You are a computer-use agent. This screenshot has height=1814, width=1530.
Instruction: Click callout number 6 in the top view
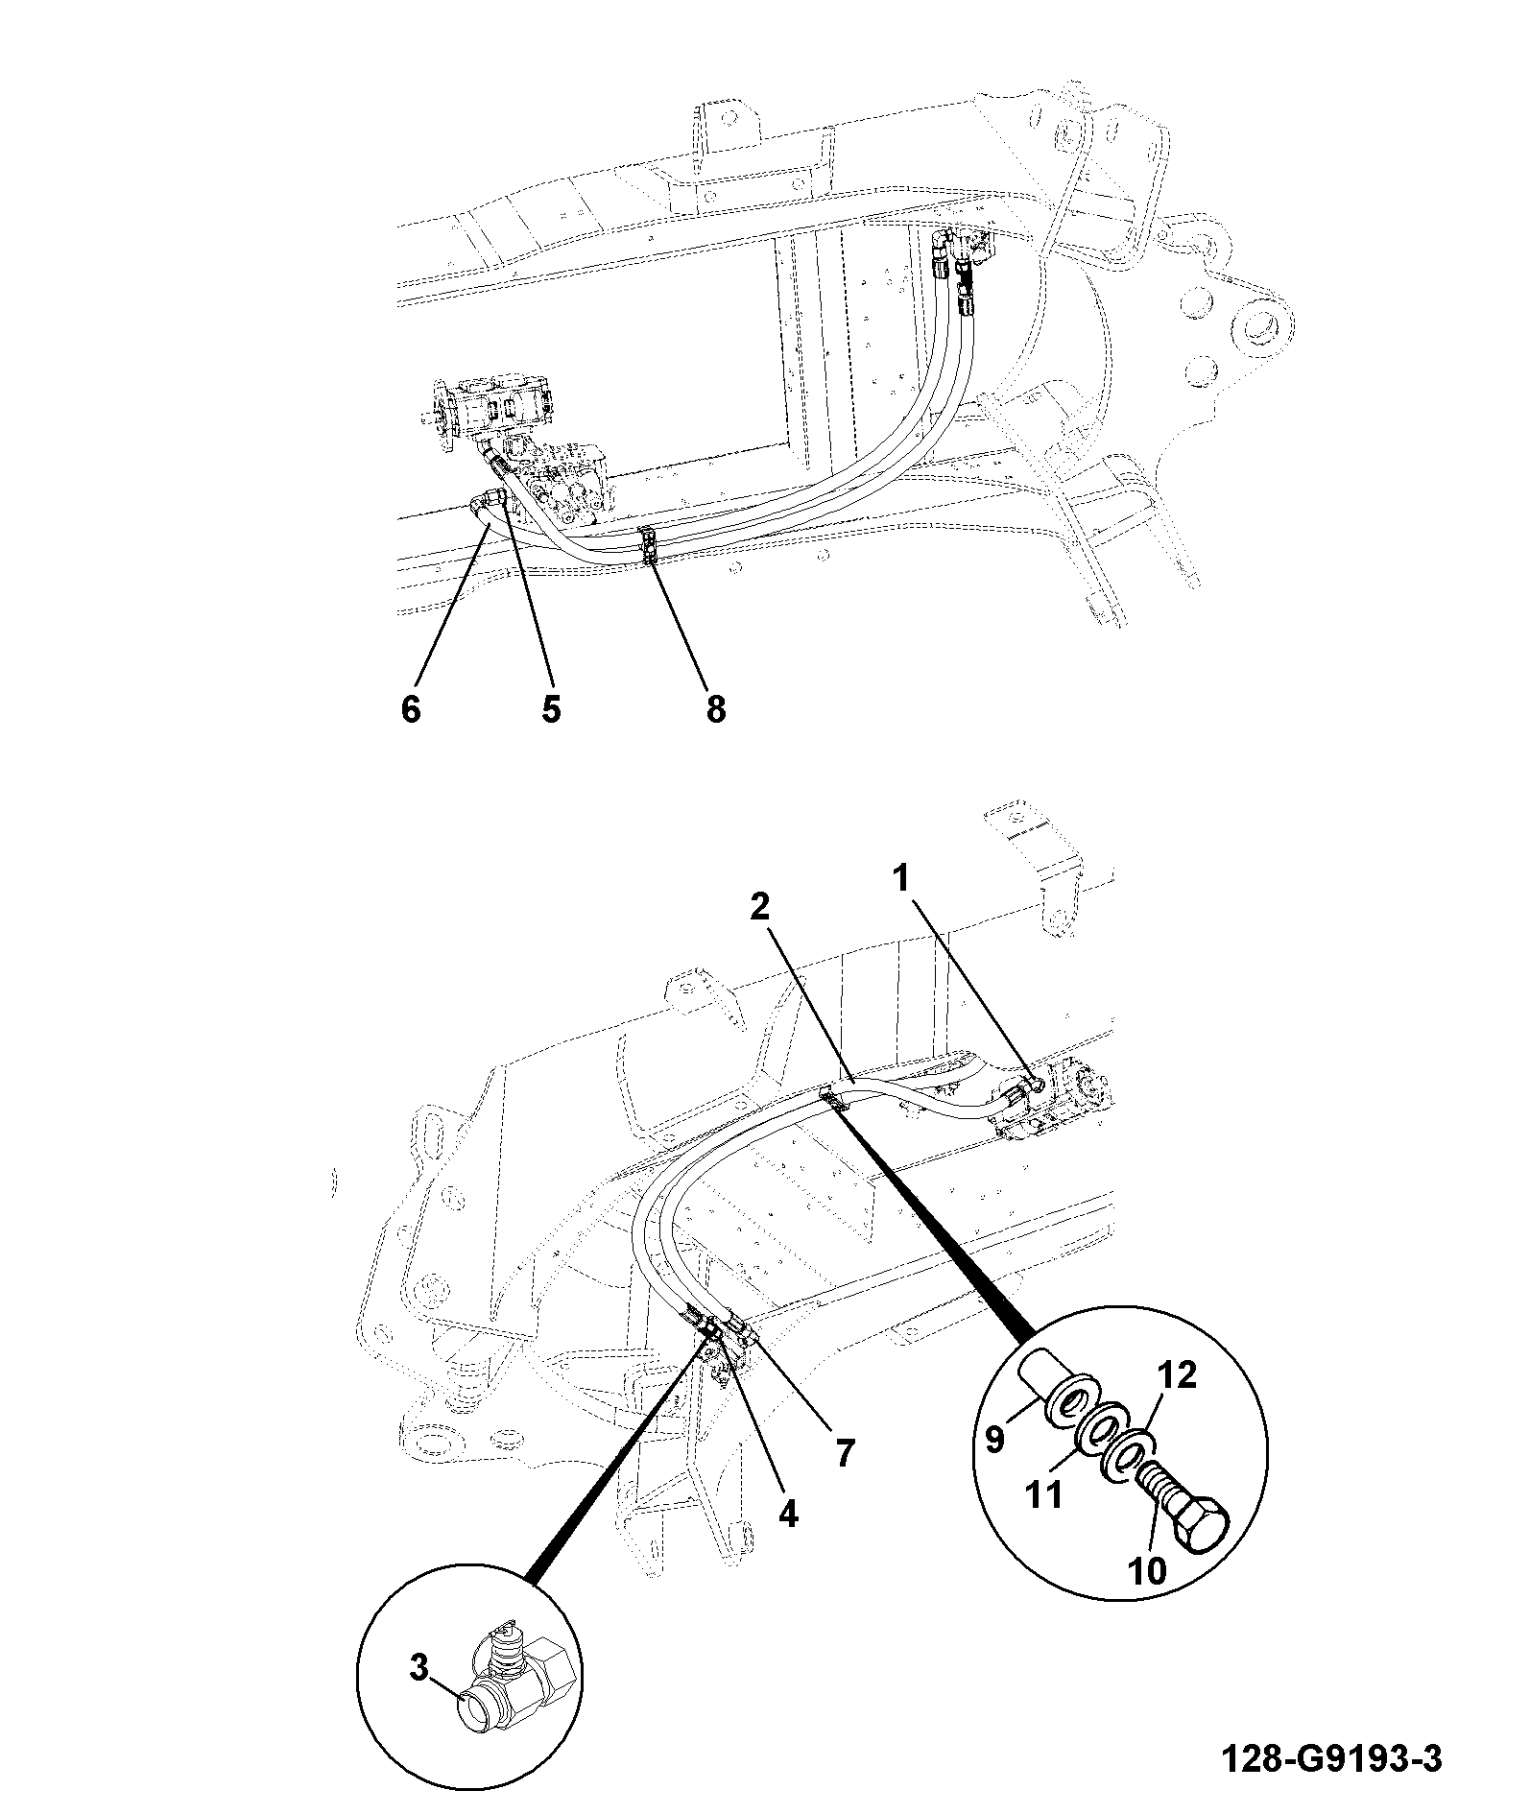411,709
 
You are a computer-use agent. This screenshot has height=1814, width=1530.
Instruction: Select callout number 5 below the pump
551,709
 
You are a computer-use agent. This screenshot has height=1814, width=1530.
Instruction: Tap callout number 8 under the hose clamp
715,709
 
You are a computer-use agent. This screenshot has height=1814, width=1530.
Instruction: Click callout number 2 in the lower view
760,906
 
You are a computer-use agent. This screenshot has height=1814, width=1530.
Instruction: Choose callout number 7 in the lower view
844,1454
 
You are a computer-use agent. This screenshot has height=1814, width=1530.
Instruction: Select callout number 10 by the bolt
1147,1570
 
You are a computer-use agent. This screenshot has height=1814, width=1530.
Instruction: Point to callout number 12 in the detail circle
1179,1375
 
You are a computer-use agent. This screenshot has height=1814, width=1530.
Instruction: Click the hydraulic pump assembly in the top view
514,437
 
